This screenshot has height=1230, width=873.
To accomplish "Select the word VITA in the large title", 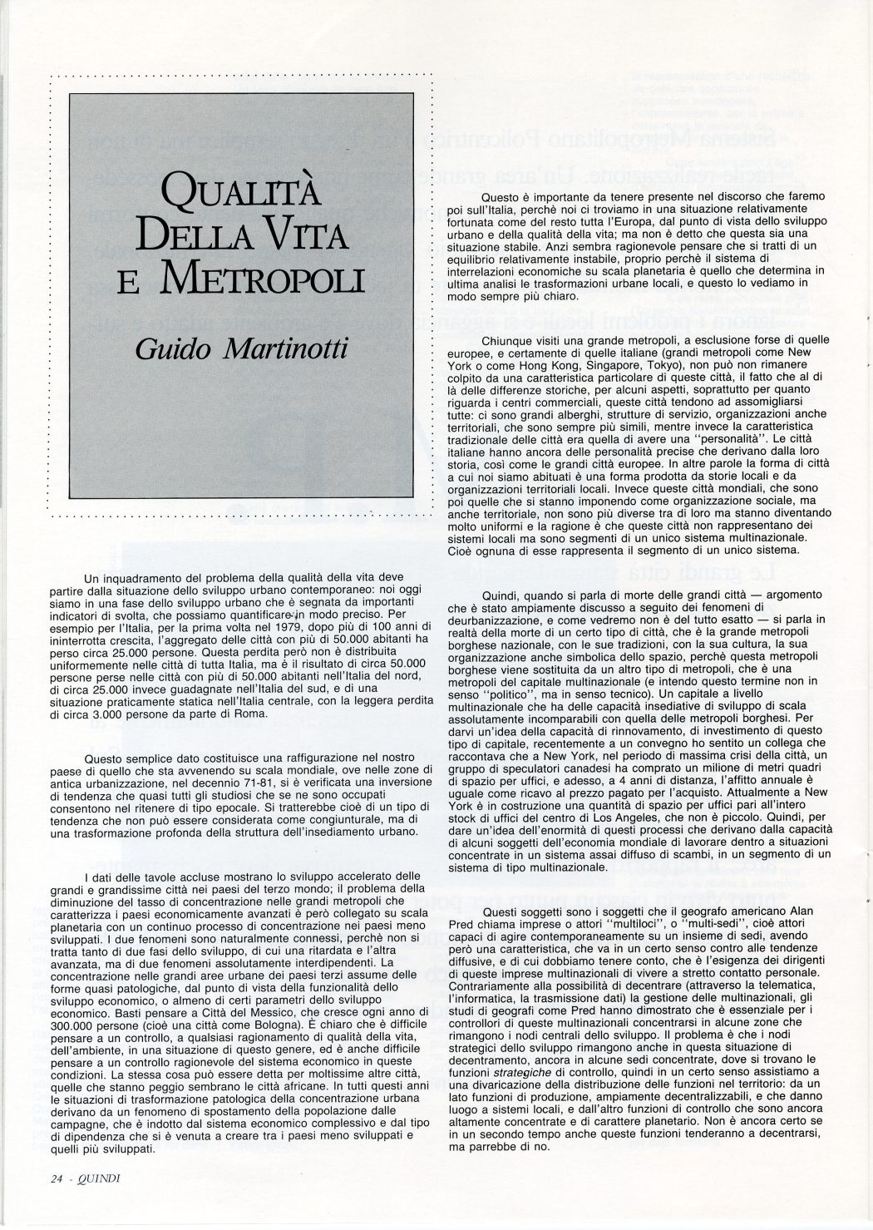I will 303,239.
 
